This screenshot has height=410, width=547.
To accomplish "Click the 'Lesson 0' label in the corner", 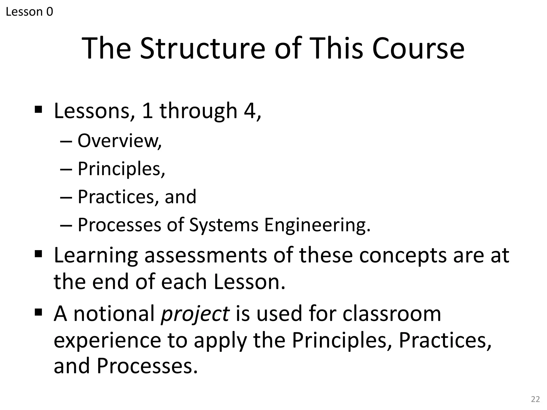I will (29, 12).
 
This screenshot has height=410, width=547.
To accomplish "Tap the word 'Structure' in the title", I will (202, 49).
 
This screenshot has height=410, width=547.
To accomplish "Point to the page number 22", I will (535, 399).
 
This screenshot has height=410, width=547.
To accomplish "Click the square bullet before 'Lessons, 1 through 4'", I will (38, 109).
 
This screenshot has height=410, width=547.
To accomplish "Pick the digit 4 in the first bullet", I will (250, 111).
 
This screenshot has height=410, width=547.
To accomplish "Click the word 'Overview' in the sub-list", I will (118, 140).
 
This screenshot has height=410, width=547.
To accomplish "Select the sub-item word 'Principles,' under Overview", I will (121, 169).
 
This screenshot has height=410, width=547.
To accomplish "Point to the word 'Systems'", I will (224, 225).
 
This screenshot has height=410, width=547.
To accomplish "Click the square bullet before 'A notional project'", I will (38, 311).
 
